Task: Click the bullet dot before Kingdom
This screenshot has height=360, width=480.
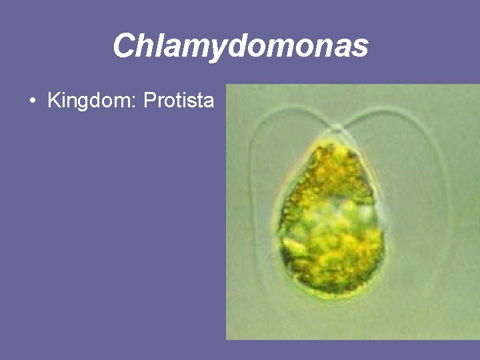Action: (33, 102)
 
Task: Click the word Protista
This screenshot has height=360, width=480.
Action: (179, 101)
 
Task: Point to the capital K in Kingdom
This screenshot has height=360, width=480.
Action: (53, 101)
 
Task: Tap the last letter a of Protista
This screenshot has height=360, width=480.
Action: (209, 103)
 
